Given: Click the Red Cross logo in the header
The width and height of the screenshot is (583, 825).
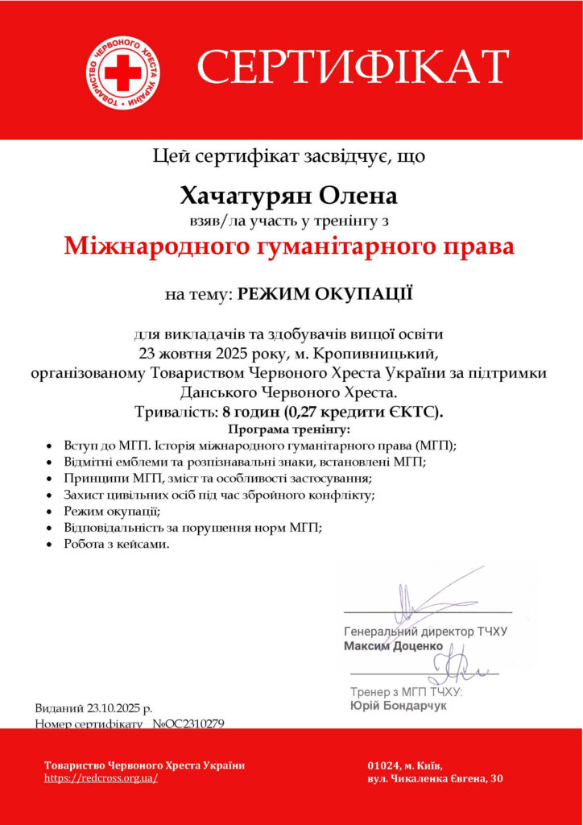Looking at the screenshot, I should (x=122, y=73).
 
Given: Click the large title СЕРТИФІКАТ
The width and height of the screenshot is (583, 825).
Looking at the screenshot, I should (x=353, y=68).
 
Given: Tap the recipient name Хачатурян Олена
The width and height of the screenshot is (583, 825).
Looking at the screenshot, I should (x=289, y=196).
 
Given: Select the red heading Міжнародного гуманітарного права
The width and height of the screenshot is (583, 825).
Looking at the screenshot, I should (x=289, y=245).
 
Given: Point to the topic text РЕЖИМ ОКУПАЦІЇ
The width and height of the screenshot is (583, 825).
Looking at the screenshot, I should (x=325, y=294).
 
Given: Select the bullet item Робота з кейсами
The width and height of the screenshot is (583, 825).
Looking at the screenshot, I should (x=117, y=544).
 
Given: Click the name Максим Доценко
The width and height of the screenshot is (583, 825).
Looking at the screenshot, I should (x=393, y=646).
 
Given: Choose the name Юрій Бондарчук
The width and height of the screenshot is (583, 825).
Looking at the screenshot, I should (x=398, y=706).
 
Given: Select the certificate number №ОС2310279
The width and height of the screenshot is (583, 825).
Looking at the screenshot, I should (x=193, y=724).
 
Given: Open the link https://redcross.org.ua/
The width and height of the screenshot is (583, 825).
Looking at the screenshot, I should (x=101, y=778).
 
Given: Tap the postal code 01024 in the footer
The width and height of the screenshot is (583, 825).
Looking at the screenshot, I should (x=383, y=765).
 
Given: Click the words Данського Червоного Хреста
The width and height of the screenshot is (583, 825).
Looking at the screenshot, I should (x=289, y=392).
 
